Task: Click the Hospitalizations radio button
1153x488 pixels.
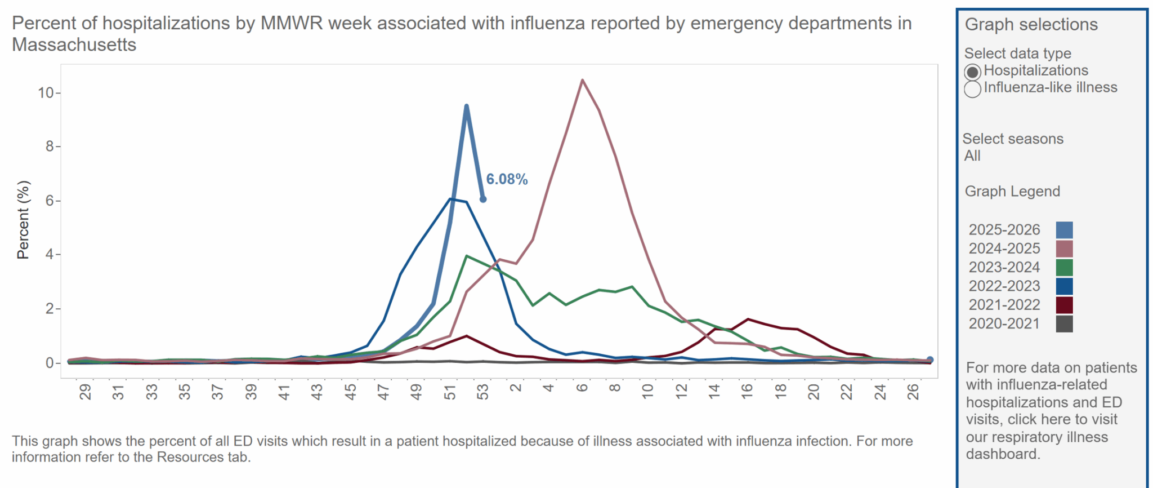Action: point(972,72)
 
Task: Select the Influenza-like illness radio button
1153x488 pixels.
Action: point(972,89)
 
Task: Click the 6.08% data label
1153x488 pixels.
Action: point(507,179)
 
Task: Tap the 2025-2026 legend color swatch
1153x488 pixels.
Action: point(1064,230)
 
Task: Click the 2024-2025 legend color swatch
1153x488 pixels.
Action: point(1064,249)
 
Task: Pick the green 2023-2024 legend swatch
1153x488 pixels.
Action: point(1064,267)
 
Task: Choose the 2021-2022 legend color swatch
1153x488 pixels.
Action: point(1064,305)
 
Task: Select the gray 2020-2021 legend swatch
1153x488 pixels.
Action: point(1064,323)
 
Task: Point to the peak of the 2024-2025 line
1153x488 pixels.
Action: point(582,80)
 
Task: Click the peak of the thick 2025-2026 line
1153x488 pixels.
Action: point(466,106)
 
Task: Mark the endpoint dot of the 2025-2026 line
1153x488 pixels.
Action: point(483,199)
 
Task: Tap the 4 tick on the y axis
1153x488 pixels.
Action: point(50,255)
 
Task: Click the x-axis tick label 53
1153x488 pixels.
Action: point(483,392)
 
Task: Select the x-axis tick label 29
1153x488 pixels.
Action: point(85,392)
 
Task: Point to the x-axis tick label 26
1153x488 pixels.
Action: point(913,392)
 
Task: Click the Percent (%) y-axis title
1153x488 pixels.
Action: point(23,220)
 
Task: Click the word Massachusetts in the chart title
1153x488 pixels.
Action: point(74,45)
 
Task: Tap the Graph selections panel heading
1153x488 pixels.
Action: point(1031,24)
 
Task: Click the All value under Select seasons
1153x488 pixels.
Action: point(972,156)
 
